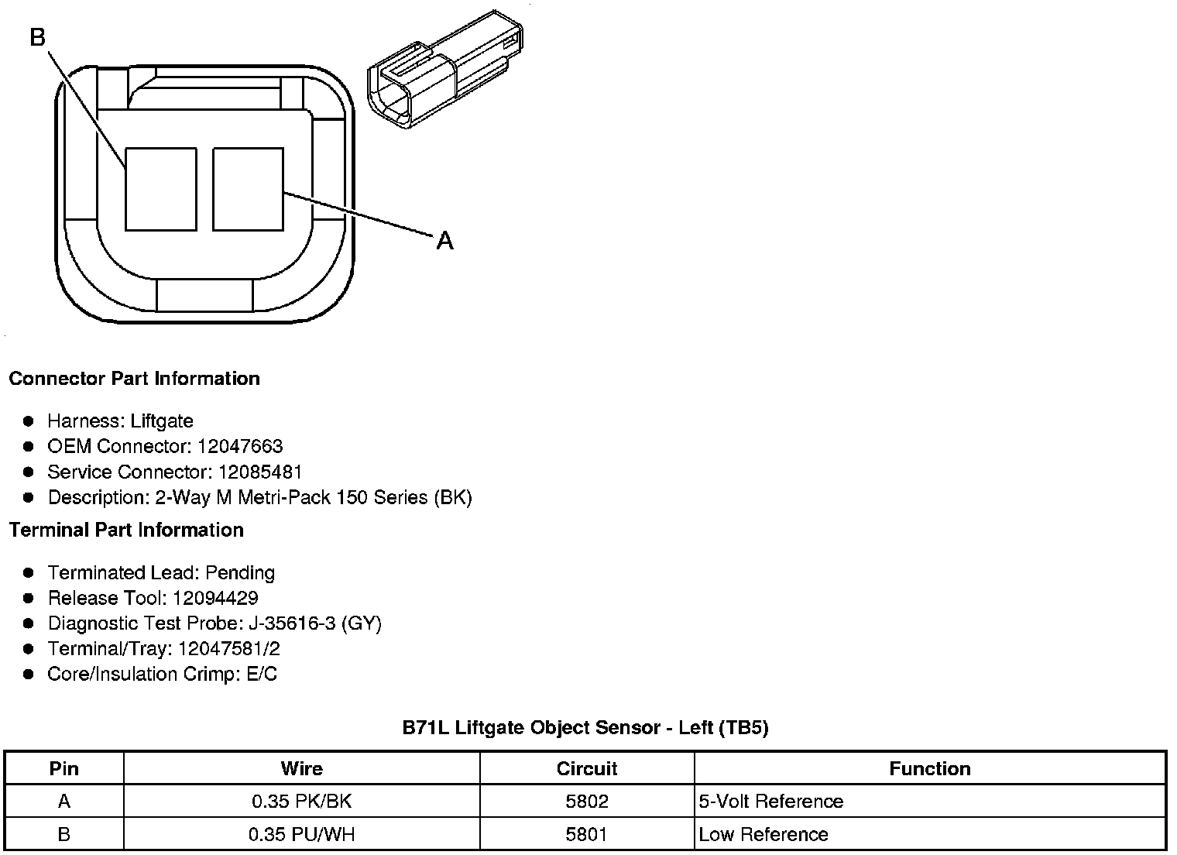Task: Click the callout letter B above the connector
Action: (37, 37)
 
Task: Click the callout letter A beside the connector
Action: (444, 241)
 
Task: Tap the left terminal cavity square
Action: (161, 189)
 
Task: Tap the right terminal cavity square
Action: (248, 189)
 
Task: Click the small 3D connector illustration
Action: (445, 70)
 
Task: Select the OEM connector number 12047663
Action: (240, 446)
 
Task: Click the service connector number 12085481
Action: (260, 472)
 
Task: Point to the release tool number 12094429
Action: (215, 598)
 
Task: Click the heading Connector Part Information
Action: (135, 379)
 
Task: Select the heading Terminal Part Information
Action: (127, 530)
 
